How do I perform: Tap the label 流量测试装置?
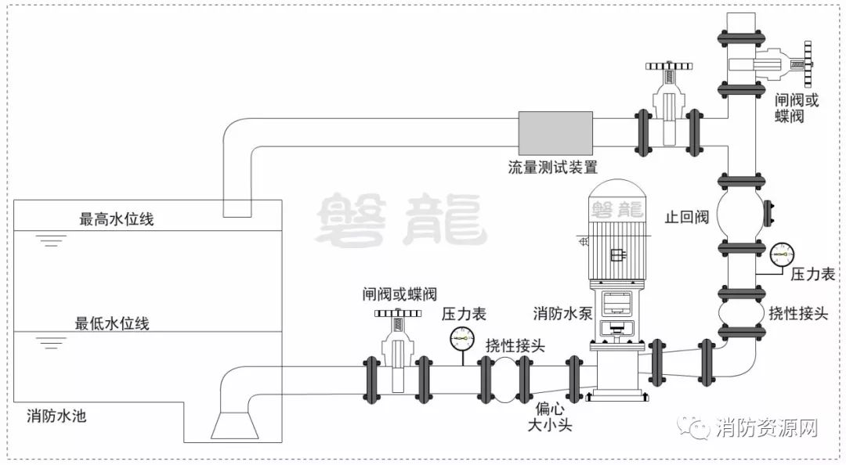pos(552,168)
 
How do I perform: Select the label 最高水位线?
pos(117,219)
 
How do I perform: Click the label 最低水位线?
pos(112,323)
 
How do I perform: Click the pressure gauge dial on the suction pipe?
pos(462,337)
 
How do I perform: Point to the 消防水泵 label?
pos(559,314)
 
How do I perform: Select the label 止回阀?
pos(686,216)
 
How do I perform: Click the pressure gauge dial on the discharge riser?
pos(781,253)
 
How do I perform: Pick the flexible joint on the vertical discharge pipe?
pos(739,313)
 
